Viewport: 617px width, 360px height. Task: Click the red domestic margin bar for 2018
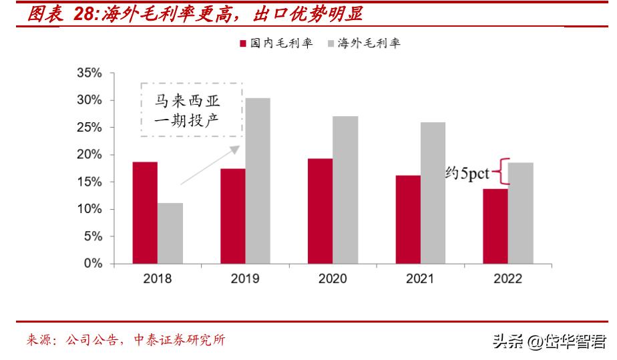(145, 213)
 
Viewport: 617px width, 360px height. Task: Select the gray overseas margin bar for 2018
(170, 234)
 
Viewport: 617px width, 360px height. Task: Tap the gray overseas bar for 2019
(258, 181)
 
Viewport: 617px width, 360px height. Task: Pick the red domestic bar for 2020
(321, 211)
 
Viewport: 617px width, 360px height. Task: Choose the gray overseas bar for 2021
(433, 193)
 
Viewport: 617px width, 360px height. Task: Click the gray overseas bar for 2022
(522, 213)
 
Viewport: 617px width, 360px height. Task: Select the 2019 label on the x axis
(245, 279)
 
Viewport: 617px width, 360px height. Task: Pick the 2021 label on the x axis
(420, 279)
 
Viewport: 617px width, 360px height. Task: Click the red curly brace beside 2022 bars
(500, 171)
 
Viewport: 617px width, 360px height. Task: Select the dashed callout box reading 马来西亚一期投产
(191, 110)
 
